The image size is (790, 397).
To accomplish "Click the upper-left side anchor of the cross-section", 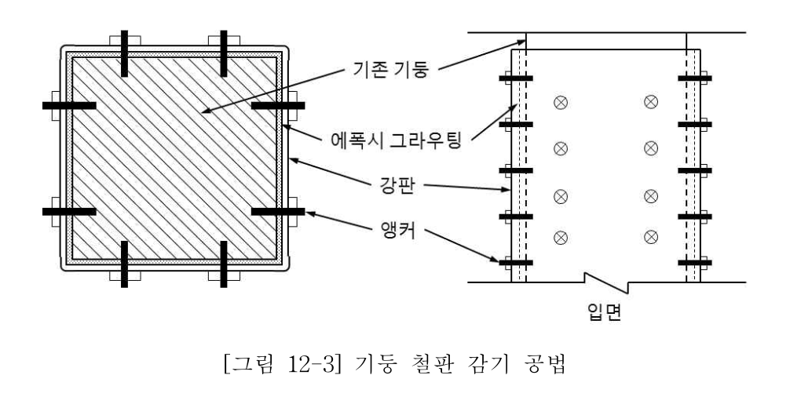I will point(69,104).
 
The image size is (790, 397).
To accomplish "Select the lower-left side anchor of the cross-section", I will point(69,211).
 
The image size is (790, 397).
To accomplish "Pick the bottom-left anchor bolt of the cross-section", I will point(124,263).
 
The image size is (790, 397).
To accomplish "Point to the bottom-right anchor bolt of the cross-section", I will point(224,263).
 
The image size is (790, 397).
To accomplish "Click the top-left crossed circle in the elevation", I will point(560,101).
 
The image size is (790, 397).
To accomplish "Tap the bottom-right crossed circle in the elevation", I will point(650,236).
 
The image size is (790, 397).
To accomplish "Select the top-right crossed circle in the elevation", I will point(650,101).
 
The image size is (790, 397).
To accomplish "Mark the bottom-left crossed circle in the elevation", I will point(560,236).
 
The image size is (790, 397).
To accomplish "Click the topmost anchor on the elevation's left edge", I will point(514,78).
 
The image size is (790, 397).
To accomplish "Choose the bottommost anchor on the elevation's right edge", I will point(694,262).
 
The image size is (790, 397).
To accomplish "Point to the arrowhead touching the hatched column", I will point(207,113).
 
